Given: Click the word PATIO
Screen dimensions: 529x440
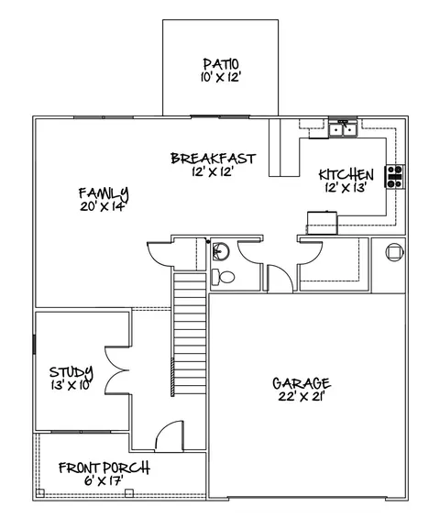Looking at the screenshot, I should point(220,63).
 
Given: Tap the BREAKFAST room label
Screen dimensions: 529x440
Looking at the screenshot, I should point(213,159).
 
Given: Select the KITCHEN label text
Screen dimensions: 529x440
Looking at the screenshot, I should point(346,174).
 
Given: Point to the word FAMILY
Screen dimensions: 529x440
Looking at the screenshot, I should point(103,193).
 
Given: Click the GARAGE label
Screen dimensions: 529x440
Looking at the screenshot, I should point(301,383).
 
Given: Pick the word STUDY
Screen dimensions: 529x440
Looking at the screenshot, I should point(71,372).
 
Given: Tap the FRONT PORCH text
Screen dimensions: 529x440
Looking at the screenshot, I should point(104,468).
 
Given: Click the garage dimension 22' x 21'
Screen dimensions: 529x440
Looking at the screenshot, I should point(301,397).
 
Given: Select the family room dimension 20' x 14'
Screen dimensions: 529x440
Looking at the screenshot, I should point(102,207).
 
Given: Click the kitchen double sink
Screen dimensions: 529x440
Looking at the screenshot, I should point(344,130).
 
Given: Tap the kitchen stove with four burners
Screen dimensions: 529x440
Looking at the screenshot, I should point(395,176).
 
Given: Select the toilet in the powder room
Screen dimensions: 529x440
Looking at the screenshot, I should point(221,275).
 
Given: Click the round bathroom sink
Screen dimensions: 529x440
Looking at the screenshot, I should point(220,252).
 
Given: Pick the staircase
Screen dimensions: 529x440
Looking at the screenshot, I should point(188,335).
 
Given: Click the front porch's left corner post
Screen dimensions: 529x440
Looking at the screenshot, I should point(40,494).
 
